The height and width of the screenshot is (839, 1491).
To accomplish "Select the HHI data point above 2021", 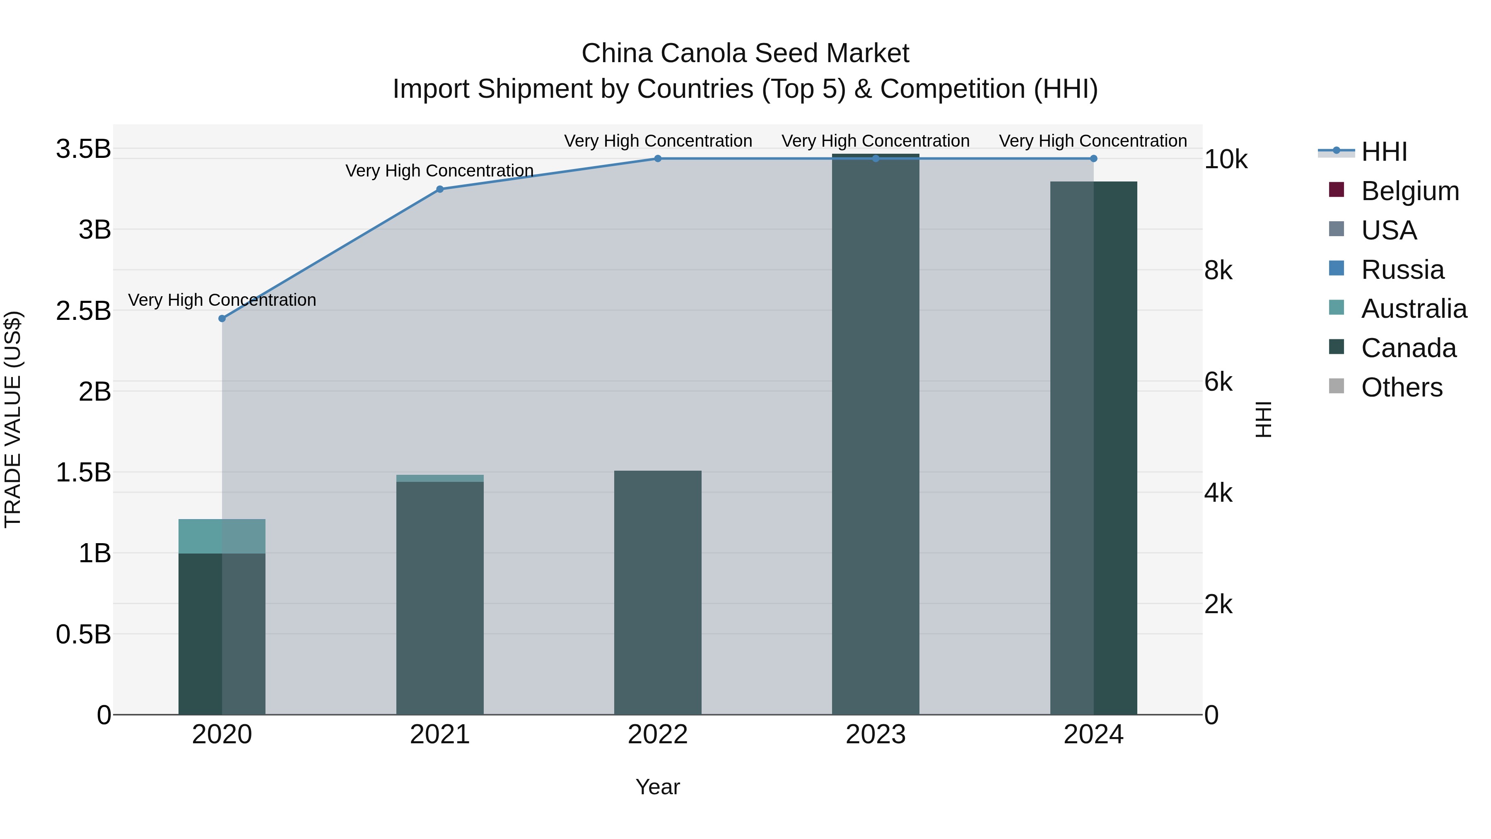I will click(440, 189).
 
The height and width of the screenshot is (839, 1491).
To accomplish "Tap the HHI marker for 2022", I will click(658, 159).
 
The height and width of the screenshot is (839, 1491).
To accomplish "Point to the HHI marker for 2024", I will click(1093, 159).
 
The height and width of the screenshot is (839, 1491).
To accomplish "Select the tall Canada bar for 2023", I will click(875, 434).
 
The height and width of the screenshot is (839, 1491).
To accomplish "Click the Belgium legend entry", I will click(1410, 191).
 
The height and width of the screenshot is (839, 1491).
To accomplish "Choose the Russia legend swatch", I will click(1337, 268).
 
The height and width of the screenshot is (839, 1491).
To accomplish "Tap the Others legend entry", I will click(1401, 387).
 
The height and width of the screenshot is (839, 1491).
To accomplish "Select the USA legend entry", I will click(1389, 230).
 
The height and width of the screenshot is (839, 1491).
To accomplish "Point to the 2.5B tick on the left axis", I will click(83, 311).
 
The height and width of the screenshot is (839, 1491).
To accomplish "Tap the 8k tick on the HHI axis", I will click(1218, 271).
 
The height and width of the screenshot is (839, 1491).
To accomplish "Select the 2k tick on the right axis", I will click(1218, 604).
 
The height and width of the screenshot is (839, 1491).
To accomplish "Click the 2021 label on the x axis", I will click(440, 735).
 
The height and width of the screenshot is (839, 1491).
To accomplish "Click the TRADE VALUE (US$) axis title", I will click(13, 419).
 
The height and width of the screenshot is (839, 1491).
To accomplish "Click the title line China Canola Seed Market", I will click(745, 53).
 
